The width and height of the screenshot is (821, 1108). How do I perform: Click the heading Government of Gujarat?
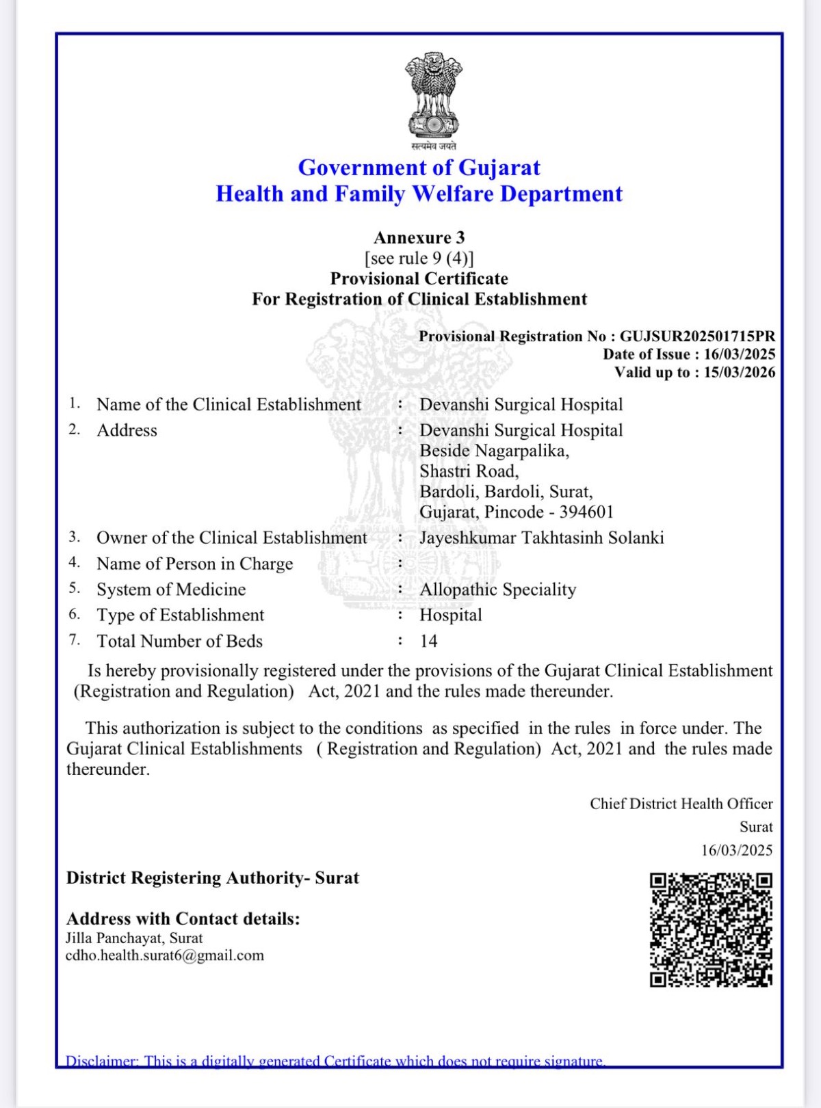[x=419, y=168]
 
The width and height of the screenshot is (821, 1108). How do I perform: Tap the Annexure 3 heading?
[x=419, y=237]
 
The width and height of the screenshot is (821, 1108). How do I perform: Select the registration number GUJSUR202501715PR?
[x=697, y=337]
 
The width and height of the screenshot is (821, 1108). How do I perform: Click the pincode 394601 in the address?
[x=586, y=512]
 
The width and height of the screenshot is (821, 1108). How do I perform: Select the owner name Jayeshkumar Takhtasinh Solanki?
[x=541, y=538]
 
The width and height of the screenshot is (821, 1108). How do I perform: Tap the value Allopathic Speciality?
[x=497, y=590]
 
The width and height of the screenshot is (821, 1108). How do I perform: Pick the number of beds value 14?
[x=428, y=642]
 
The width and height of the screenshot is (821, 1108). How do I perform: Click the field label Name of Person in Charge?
[x=194, y=564]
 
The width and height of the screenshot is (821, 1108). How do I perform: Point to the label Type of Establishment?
[x=180, y=615]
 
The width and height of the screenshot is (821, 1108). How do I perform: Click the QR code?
[x=711, y=929]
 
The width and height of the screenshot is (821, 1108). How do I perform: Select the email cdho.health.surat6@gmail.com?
[x=164, y=955]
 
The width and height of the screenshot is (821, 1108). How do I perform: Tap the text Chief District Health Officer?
[x=681, y=804]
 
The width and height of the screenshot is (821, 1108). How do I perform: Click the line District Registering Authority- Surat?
[x=212, y=878]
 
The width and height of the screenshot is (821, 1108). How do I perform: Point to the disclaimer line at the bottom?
[x=335, y=1061]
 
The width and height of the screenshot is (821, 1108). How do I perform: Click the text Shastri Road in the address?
[x=469, y=471]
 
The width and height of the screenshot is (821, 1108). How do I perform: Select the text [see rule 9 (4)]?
[x=419, y=258]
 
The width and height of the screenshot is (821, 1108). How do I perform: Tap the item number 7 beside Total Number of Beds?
[x=75, y=640]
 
